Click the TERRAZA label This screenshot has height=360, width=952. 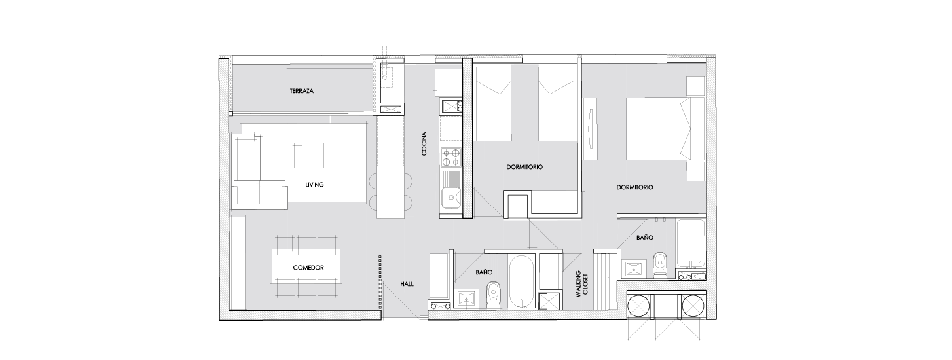(302, 91)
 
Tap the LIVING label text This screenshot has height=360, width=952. (314, 185)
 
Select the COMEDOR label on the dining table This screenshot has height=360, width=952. (308, 268)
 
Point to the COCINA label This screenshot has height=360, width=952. (424, 143)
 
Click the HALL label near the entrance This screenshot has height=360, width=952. (407, 284)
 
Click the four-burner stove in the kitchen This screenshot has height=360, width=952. (451, 157)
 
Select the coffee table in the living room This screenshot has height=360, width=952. (309, 155)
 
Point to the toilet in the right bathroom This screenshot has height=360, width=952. (659, 264)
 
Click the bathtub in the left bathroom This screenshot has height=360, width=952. (521, 281)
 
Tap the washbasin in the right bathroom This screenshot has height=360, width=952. (635, 268)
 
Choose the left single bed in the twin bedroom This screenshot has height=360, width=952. (494, 103)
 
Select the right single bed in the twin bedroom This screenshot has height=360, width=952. (557, 103)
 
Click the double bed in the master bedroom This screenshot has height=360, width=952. (665, 129)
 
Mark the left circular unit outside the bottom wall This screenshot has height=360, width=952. (639, 305)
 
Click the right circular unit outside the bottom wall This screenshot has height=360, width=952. (693, 305)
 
